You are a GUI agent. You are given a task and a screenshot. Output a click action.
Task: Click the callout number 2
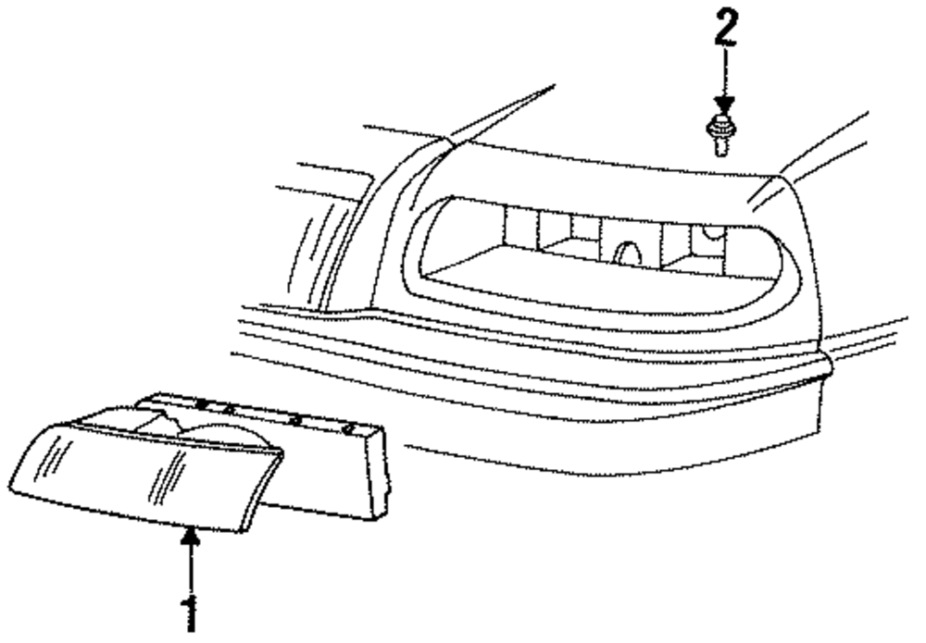tap(725, 30)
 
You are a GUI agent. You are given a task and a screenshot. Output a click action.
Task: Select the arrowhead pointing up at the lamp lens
tap(190, 535)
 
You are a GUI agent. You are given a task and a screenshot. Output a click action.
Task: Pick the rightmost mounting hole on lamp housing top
tap(349, 428)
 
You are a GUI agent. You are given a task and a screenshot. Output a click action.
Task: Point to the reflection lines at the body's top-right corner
tap(769, 194)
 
